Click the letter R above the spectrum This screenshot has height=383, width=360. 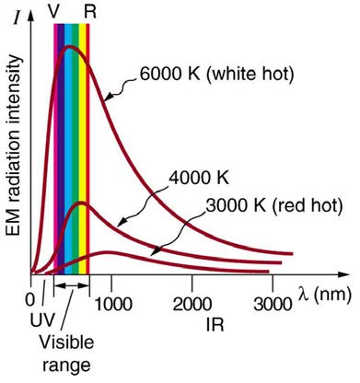89,11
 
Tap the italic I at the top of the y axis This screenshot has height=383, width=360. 17,14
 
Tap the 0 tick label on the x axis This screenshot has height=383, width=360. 31,300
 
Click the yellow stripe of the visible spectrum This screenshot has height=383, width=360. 81,138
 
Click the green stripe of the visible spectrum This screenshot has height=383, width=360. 74,138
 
